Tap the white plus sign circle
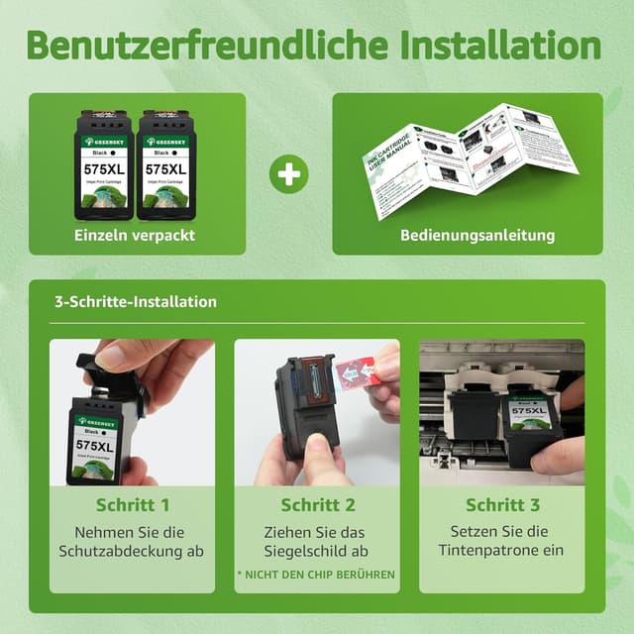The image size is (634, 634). pos(288,174)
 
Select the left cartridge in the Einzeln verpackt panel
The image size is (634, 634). pos(104,164)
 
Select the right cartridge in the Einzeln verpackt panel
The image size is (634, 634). pos(165,164)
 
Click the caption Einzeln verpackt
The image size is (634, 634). pos(135,236)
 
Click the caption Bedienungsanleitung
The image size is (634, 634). pos(477,236)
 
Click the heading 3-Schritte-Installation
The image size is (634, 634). pos(136,301)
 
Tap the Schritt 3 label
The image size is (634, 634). pos(500,505)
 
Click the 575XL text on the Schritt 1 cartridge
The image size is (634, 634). pos(96,446)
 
